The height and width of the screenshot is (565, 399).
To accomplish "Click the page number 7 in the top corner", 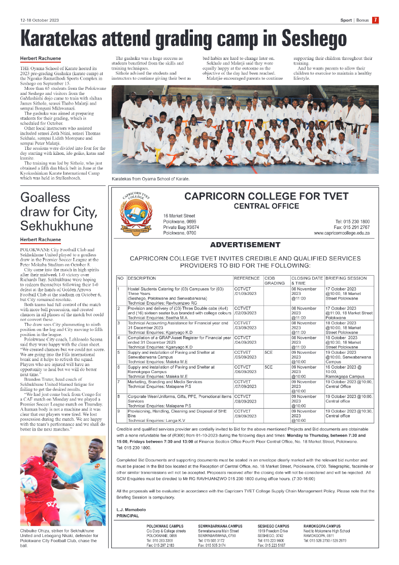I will click(x=375, y=20).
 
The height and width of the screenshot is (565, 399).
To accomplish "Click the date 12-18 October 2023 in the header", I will click(x=40, y=20).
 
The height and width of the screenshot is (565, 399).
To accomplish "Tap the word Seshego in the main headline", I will click(x=314, y=39).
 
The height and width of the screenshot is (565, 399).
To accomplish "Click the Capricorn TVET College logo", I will click(x=135, y=213).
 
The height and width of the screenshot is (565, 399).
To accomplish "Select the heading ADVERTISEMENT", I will click(x=245, y=245).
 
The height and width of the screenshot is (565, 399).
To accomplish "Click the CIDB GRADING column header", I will click(x=275, y=281).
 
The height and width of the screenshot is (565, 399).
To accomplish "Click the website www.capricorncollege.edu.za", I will click(x=342, y=233).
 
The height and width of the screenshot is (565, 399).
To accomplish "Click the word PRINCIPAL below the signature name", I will click(x=127, y=516).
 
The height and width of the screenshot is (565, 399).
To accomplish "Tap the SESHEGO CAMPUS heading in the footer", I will click(x=273, y=526).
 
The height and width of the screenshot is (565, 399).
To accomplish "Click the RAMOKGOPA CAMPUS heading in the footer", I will click(x=322, y=526).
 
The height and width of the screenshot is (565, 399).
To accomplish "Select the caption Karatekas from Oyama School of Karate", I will click(x=151, y=179).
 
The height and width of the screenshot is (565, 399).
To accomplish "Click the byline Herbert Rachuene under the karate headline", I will click(x=40, y=58).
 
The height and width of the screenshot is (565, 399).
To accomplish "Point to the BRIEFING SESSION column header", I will click(x=346, y=278).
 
